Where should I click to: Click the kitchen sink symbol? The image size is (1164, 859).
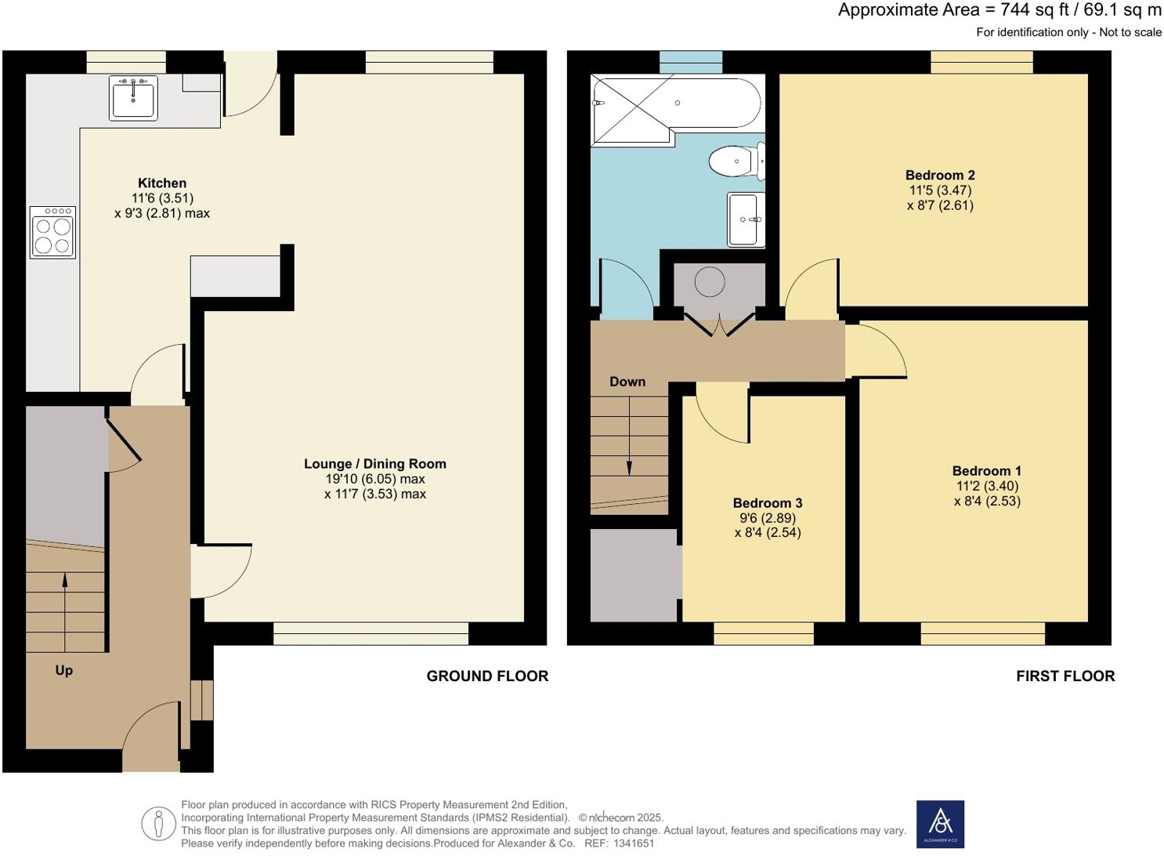[133, 98]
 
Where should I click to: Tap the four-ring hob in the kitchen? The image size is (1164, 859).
[53, 232]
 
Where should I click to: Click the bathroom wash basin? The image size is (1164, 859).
[745, 219]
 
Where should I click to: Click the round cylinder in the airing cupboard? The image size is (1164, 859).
[710, 282]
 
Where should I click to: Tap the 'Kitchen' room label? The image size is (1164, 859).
[162, 183]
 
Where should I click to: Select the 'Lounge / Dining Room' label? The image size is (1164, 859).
[374, 464]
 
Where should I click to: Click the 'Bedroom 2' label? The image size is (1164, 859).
[940, 176]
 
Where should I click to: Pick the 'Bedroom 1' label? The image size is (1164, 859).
[986, 471]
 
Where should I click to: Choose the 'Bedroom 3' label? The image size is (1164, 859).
[767, 503]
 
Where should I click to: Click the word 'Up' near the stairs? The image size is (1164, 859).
[64, 670]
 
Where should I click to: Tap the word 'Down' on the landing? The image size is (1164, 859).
[627, 382]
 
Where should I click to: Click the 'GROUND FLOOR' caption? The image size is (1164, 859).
[487, 676]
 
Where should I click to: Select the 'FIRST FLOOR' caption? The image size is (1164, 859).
[1065, 676]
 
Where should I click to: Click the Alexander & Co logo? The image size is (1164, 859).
[940, 824]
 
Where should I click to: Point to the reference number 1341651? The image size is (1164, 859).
[634, 843]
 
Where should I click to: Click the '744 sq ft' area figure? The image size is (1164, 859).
[1033, 10]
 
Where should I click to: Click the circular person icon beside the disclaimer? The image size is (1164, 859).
[159, 824]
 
